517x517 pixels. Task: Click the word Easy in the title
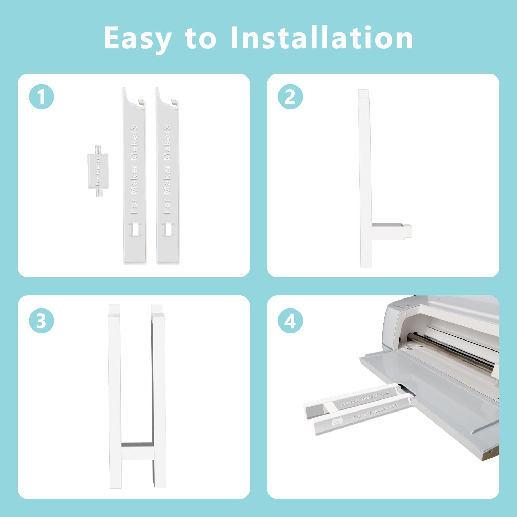pos(138,39)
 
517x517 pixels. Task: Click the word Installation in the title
pos(321,38)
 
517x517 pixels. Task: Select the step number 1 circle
pos(41,97)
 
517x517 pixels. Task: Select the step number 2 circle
pos(290,97)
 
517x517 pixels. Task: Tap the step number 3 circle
pos(41,321)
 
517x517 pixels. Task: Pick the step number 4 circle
pos(290,321)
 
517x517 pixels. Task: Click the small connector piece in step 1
pos(98,171)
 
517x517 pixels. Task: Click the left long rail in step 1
pos(134,176)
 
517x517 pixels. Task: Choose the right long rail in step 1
pos(168,176)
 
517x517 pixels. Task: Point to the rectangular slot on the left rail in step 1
pos(134,229)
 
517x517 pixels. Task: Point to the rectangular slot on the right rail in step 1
pos(168,229)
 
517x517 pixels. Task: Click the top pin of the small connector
pos(98,149)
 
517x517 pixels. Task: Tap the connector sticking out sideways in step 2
pos(391,231)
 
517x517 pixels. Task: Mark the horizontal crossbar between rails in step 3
pos(137,452)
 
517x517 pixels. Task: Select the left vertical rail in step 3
pos(115,396)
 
